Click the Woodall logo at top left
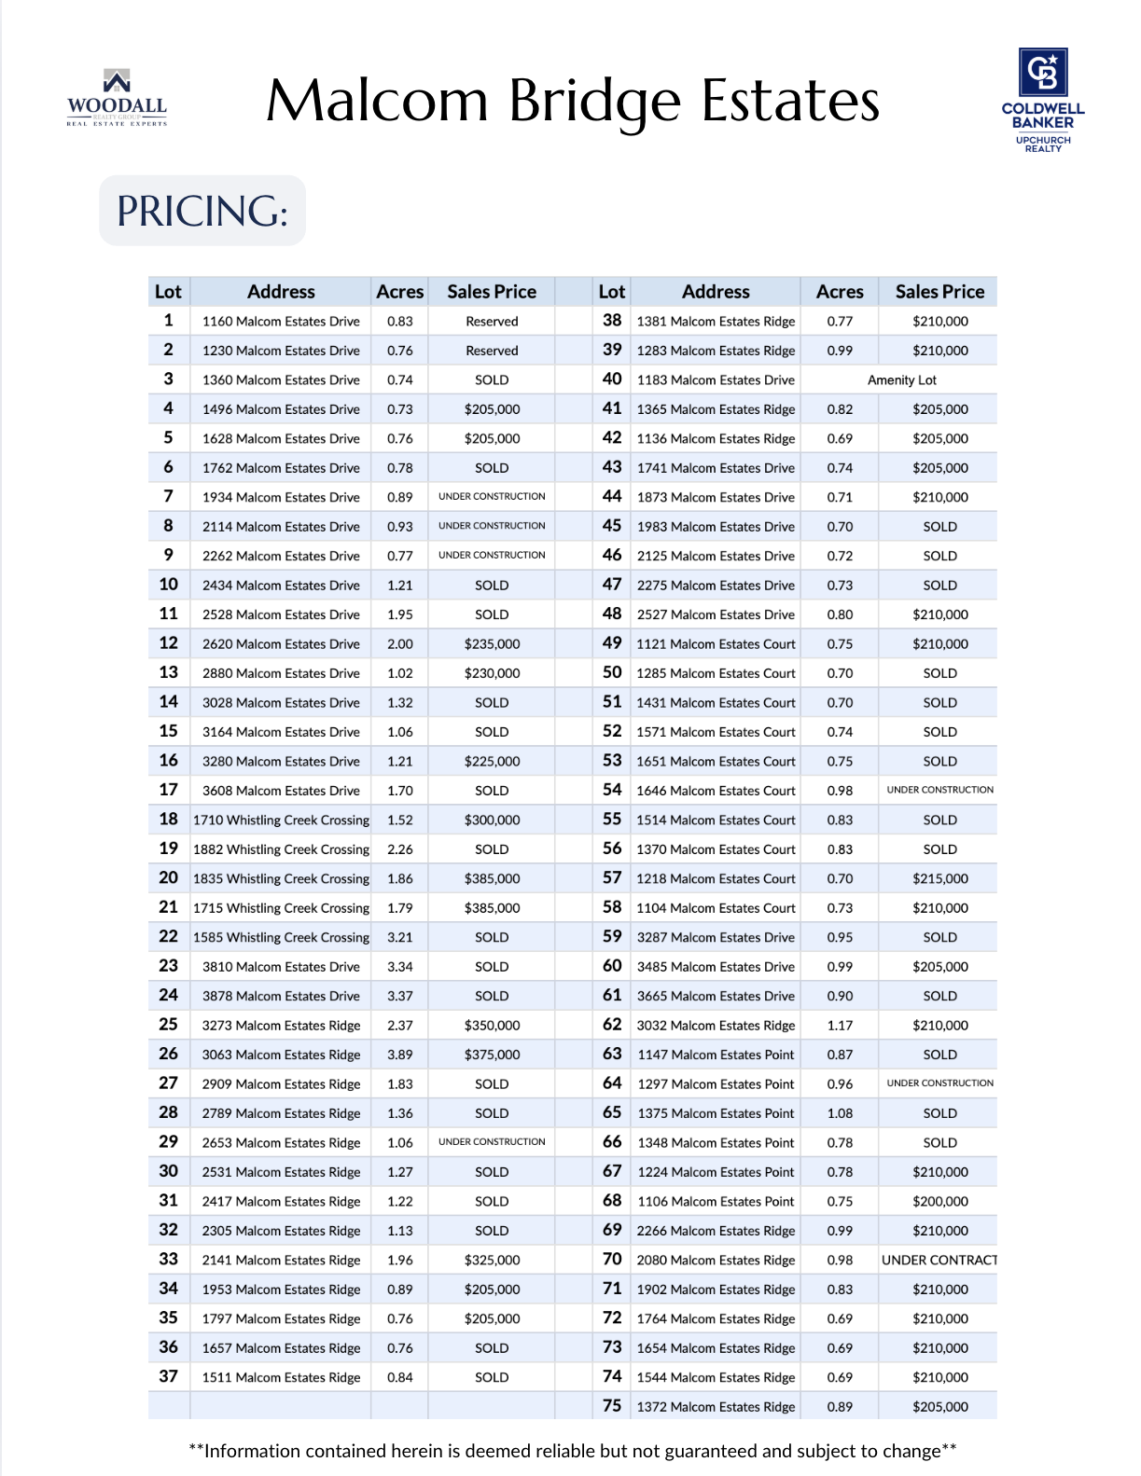click(117, 98)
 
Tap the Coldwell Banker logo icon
click(1042, 73)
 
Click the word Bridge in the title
click(594, 101)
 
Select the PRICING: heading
click(202, 212)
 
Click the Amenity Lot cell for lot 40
click(901, 380)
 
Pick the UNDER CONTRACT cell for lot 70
click(939, 1261)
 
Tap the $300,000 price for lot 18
click(492, 821)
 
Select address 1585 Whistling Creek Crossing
click(281, 938)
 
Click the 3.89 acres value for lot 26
click(399, 1055)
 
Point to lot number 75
click(612, 1406)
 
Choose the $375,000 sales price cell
click(492, 1055)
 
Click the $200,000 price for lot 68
click(939, 1202)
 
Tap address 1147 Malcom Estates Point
click(716, 1055)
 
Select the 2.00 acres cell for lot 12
click(399, 644)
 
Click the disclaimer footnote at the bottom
click(572, 1451)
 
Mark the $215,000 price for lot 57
click(939, 879)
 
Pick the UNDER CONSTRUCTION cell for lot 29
click(492, 1142)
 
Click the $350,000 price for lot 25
click(492, 1026)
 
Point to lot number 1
click(168, 321)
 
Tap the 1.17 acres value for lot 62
click(840, 1026)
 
